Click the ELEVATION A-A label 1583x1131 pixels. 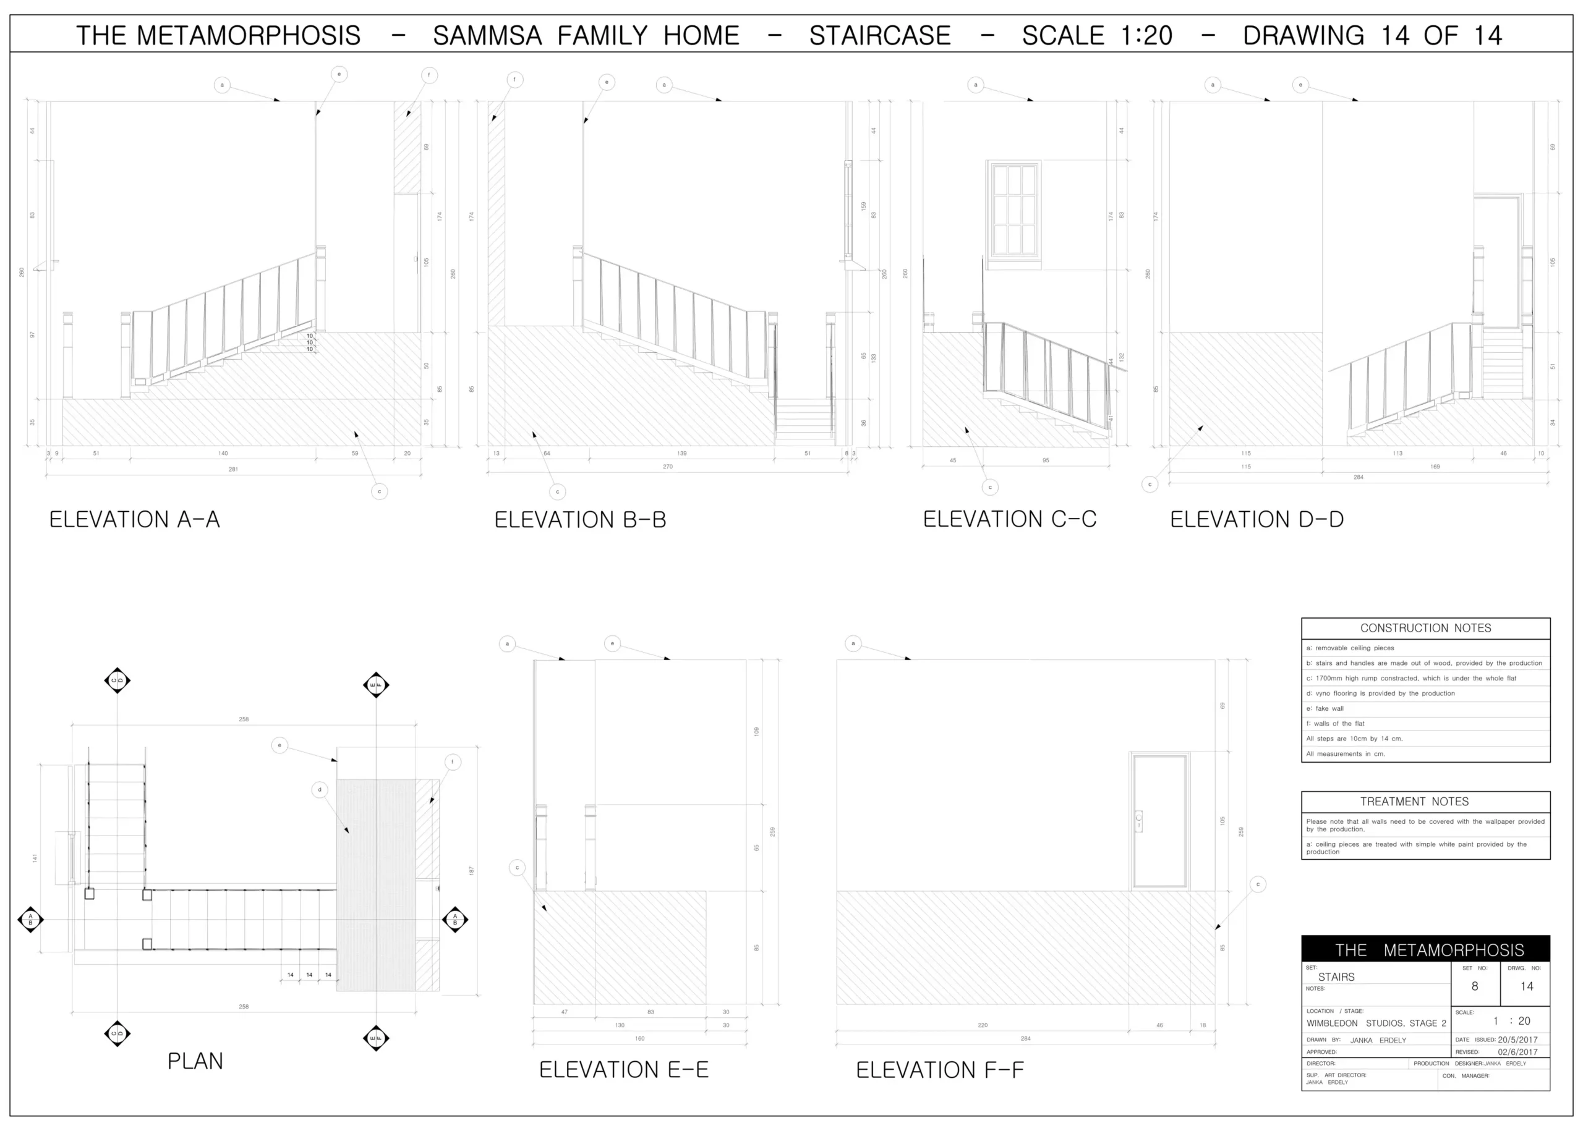(134, 520)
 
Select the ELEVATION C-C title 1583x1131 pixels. (1010, 520)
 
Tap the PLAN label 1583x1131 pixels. (195, 1061)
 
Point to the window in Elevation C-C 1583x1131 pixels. (1013, 210)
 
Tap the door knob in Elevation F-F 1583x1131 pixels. (1138, 817)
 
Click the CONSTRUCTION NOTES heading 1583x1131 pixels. (1425, 628)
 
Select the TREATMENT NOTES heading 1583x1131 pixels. (1414, 802)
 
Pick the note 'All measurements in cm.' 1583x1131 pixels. (1346, 753)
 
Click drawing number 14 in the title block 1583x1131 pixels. (1527, 986)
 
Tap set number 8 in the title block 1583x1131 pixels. (1474, 986)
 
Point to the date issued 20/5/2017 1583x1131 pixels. (1517, 1040)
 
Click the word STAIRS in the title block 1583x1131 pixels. (1336, 977)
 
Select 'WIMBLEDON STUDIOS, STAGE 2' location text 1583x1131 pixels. (1376, 1023)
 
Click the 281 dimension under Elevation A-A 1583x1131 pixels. (233, 469)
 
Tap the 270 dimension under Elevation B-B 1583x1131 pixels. (667, 467)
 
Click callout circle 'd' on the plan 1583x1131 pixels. (320, 790)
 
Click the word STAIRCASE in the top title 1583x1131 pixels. (880, 35)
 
